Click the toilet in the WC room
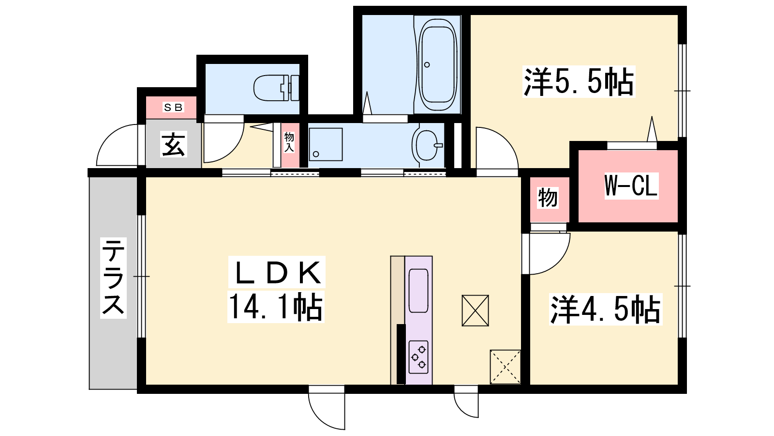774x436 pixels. (276, 88)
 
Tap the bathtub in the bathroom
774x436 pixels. (437, 65)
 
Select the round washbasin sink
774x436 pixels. (427, 145)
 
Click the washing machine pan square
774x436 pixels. (326, 144)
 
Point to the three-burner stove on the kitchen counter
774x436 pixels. (418, 357)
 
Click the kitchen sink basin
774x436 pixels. (418, 291)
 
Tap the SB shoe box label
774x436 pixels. (173, 108)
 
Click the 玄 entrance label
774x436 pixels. (174, 144)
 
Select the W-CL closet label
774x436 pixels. (631, 186)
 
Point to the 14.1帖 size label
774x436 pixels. (276, 307)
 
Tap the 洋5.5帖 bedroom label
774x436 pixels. (579, 81)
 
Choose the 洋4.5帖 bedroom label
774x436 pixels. (605, 309)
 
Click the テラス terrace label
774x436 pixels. (113, 278)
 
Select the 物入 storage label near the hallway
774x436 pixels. (289, 142)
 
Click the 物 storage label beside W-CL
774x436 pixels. (548, 198)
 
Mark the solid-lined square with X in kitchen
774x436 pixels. (475, 311)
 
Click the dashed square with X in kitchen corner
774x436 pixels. (505, 367)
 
